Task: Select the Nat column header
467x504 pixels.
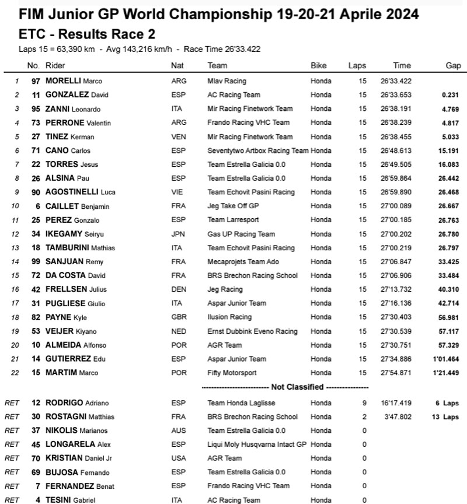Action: (x=177, y=66)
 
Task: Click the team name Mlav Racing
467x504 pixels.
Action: (x=227, y=81)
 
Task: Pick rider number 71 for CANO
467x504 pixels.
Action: (x=36, y=150)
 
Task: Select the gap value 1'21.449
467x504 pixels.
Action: (x=448, y=373)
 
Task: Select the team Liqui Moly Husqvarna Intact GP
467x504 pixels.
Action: (x=257, y=445)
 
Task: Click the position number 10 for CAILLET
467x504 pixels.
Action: (x=17, y=206)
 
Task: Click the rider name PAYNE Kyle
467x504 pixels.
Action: (x=67, y=317)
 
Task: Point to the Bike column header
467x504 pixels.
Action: (x=319, y=66)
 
